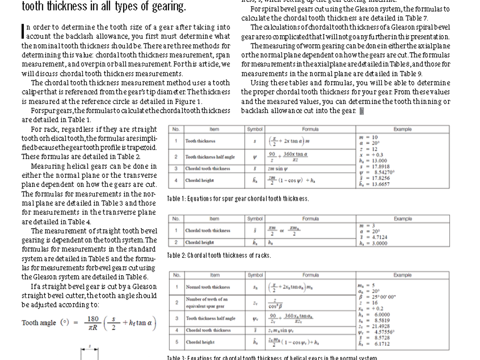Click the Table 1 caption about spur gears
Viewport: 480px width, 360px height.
238,199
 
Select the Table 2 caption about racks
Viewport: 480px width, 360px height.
219,255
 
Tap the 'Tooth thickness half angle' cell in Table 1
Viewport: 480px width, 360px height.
210,157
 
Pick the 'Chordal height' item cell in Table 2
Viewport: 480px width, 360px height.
199,242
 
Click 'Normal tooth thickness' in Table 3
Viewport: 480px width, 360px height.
208,287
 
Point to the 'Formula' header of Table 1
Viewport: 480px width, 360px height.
310,129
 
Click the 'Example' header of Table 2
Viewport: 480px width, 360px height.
403,219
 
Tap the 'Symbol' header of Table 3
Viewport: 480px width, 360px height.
255,275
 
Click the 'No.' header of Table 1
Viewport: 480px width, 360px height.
176,129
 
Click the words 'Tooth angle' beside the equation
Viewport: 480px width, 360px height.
39,323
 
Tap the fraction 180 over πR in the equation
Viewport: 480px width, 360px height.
93,323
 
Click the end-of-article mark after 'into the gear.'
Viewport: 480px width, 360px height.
361,111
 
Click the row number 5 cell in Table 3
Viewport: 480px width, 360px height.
177,342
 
